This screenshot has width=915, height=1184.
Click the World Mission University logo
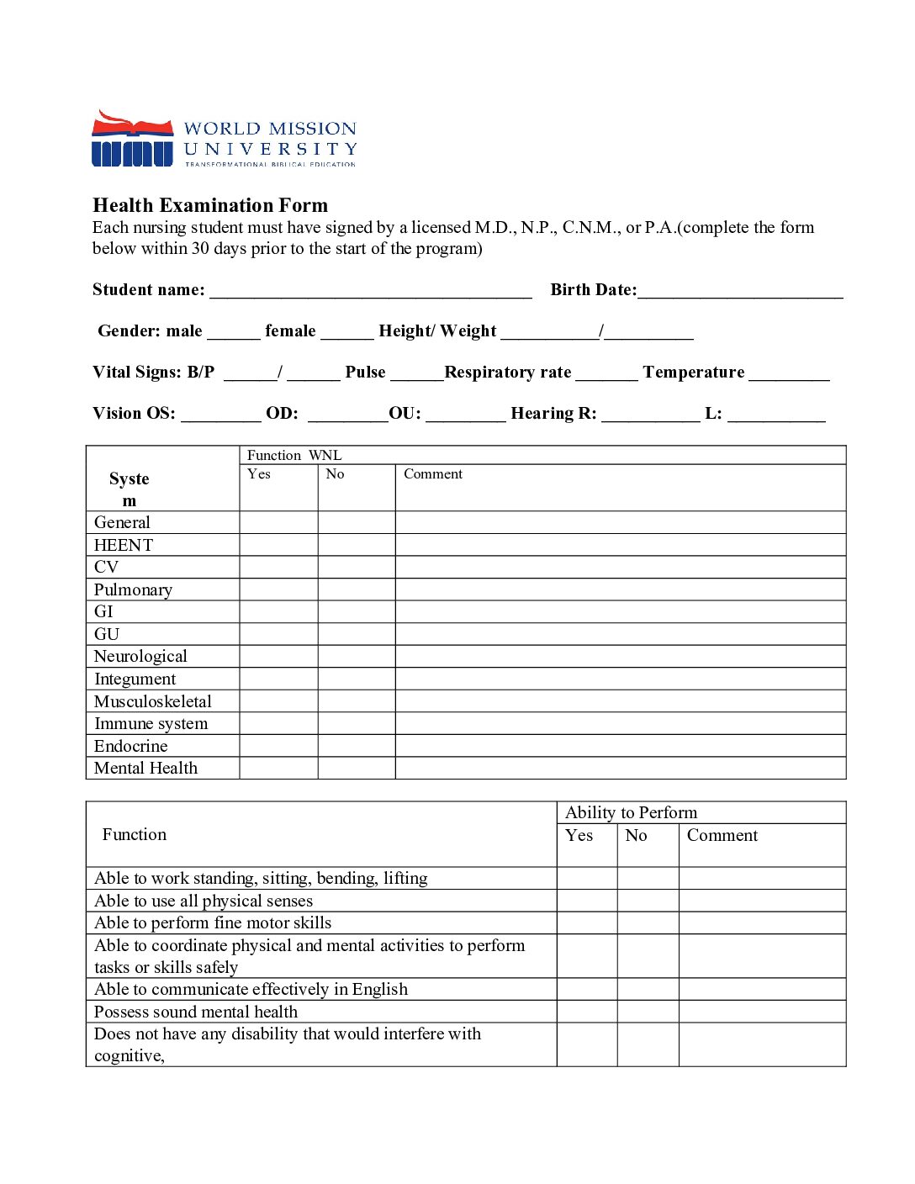click(x=224, y=139)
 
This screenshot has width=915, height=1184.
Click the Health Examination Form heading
click(x=210, y=205)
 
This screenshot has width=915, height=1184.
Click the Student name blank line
click(x=370, y=291)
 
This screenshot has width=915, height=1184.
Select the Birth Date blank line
click(x=740, y=291)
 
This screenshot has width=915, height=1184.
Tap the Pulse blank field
click(x=416, y=373)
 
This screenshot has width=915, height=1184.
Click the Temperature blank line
click(x=789, y=373)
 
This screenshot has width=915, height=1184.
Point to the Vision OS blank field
click(x=221, y=415)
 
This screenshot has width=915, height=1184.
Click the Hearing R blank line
click(x=650, y=415)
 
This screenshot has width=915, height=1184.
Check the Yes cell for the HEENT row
click(x=278, y=545)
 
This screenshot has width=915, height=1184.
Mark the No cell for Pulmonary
click(x=357, y=589)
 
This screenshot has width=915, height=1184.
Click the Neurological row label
click(x=140, y=656)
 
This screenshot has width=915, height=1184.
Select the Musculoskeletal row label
click(x=152, y=701)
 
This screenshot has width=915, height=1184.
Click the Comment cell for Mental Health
click(x=620, y=768)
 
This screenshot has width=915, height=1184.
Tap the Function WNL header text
click(x=294, y=455)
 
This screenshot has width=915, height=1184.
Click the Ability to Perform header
click(x=631, y=812)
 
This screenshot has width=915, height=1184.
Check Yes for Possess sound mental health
click(x=587, y=1012)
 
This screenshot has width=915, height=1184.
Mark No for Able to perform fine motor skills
click(x=648, y=922)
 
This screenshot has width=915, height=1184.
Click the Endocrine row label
click(x=130, y=746)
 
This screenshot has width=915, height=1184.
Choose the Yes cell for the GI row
click(x=278, y=611)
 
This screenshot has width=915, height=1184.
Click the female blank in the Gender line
click(x=346, y=332)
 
